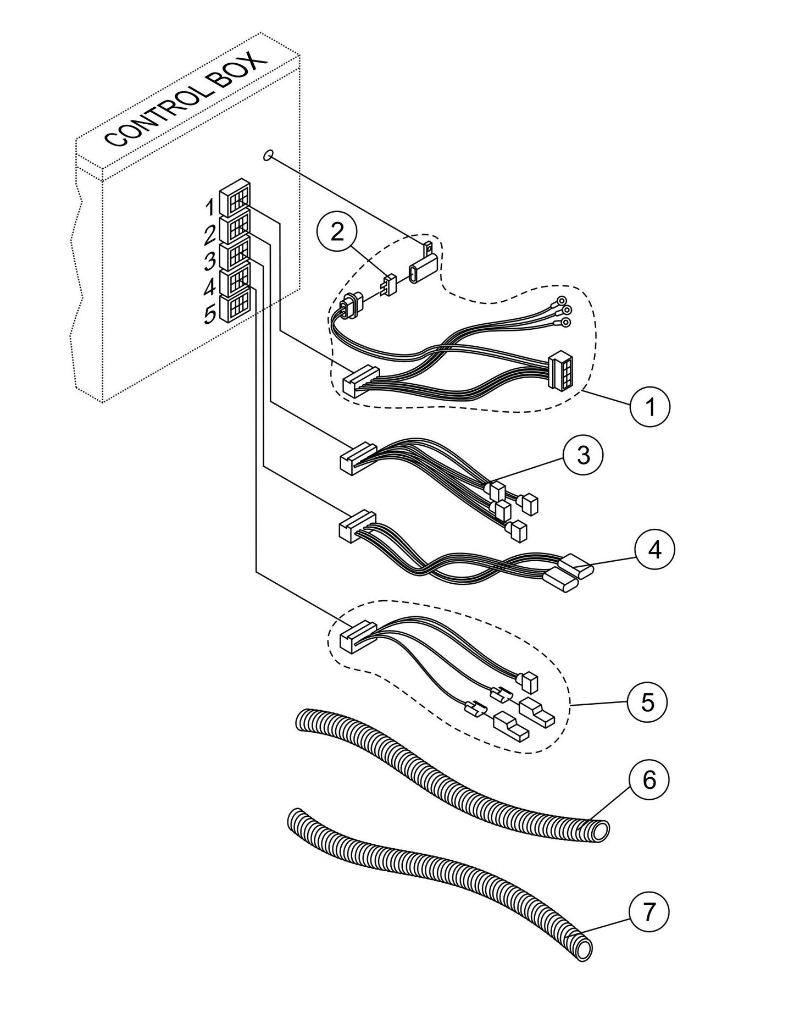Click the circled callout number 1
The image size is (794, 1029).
650,407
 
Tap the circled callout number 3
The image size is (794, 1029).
583,455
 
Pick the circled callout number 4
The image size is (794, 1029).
654,549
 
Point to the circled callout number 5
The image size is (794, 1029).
648,702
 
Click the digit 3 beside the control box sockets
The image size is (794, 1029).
209,262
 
